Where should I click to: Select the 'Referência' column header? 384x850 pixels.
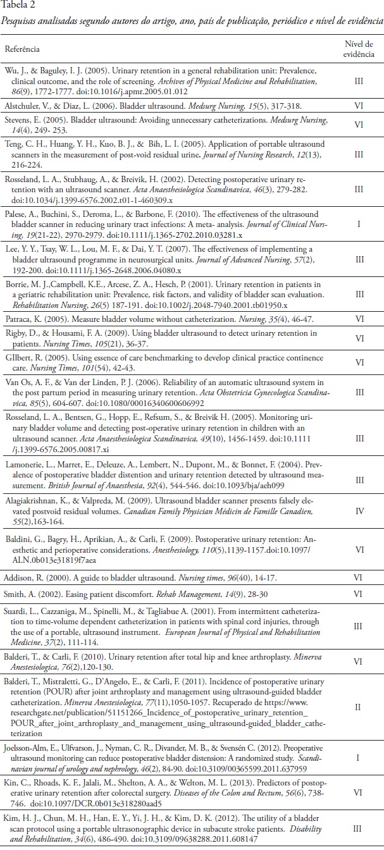tap(22, 48)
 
